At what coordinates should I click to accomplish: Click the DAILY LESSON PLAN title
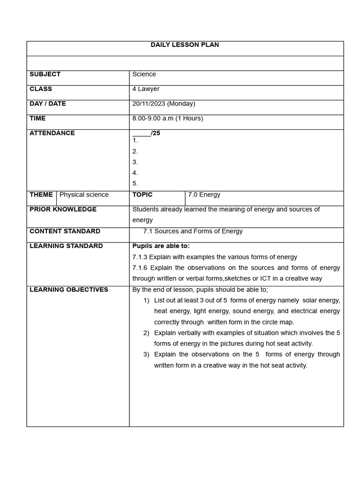click(x=185, y=45)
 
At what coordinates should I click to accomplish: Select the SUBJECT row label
click(x=45, y=74)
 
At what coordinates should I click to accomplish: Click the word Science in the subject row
click(x=144, y=74)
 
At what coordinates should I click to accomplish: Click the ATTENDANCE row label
click(x=52, y=133)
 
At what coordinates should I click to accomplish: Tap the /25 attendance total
click(x=156, y=133)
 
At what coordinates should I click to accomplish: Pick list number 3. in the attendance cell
click(x=135, y=162)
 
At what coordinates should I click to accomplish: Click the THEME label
click(x=41, y=195)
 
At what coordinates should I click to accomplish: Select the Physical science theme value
click(x=84, y=195)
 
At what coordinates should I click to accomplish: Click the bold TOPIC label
click(x=142, y=195)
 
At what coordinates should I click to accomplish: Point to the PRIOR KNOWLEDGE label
click(x=63, y=210)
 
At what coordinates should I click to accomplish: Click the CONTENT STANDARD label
click(x=65, y=231)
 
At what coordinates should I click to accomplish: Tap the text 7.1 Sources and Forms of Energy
click(x=193, y=231)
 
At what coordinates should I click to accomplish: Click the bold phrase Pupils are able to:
click(x=161, y=246)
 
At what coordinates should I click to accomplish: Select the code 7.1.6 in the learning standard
click(x=140, y=268)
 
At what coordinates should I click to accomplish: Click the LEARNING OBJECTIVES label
click(x=68, y=290)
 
